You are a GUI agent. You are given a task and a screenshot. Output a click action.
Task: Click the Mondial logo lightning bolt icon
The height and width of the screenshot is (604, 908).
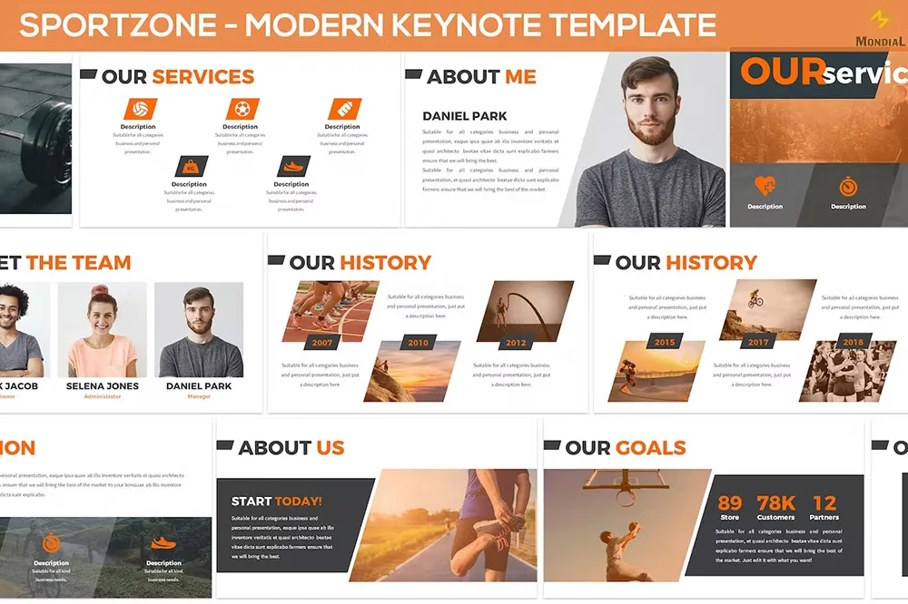[880, 20]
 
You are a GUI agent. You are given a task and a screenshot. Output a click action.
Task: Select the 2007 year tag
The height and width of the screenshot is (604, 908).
[322, 343]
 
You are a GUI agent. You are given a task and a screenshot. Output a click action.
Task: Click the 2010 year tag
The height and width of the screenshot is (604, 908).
[418, 343]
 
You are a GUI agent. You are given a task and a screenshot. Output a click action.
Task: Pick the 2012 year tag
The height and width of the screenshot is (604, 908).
[516, 343]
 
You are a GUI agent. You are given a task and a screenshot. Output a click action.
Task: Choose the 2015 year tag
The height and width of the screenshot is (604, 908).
[665, 342]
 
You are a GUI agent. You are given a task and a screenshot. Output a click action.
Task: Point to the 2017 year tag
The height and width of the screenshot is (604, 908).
[758, 342]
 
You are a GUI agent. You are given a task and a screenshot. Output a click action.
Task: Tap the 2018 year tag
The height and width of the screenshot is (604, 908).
[853, 342]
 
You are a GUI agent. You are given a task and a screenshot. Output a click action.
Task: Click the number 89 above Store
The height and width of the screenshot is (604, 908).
[729, 502]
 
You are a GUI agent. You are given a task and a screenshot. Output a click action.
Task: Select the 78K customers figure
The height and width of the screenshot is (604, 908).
[775, 502]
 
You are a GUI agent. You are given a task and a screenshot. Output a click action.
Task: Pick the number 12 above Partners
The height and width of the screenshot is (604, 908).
[824, 502]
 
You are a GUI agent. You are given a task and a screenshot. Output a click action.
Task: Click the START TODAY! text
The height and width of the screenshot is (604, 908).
[276, 501]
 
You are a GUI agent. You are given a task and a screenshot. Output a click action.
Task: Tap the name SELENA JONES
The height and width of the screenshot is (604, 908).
[103, 385]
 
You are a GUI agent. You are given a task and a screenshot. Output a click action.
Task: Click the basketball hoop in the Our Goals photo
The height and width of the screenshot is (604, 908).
[625, 494]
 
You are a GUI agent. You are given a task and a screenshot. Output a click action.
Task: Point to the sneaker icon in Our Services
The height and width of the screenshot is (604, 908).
[291, 167]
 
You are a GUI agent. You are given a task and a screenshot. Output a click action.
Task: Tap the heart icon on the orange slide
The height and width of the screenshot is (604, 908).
[765, 187]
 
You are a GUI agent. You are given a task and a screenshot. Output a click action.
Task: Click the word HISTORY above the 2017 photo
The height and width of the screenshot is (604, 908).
[711, 263]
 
